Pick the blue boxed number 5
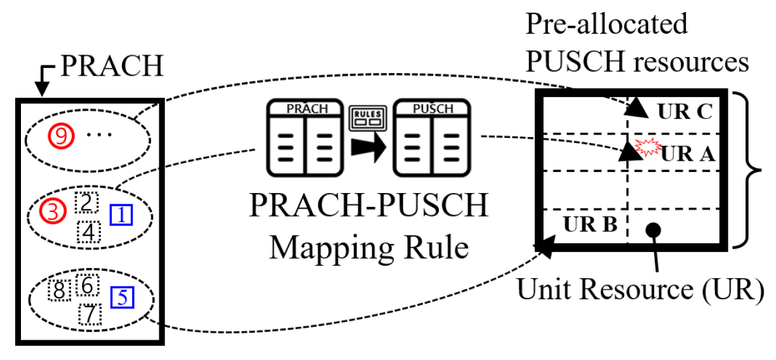click(121, 296)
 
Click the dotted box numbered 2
click(85, 202)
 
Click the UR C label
click(685, 112)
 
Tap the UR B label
click(591, 224)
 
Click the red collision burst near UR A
click(648, 148)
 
